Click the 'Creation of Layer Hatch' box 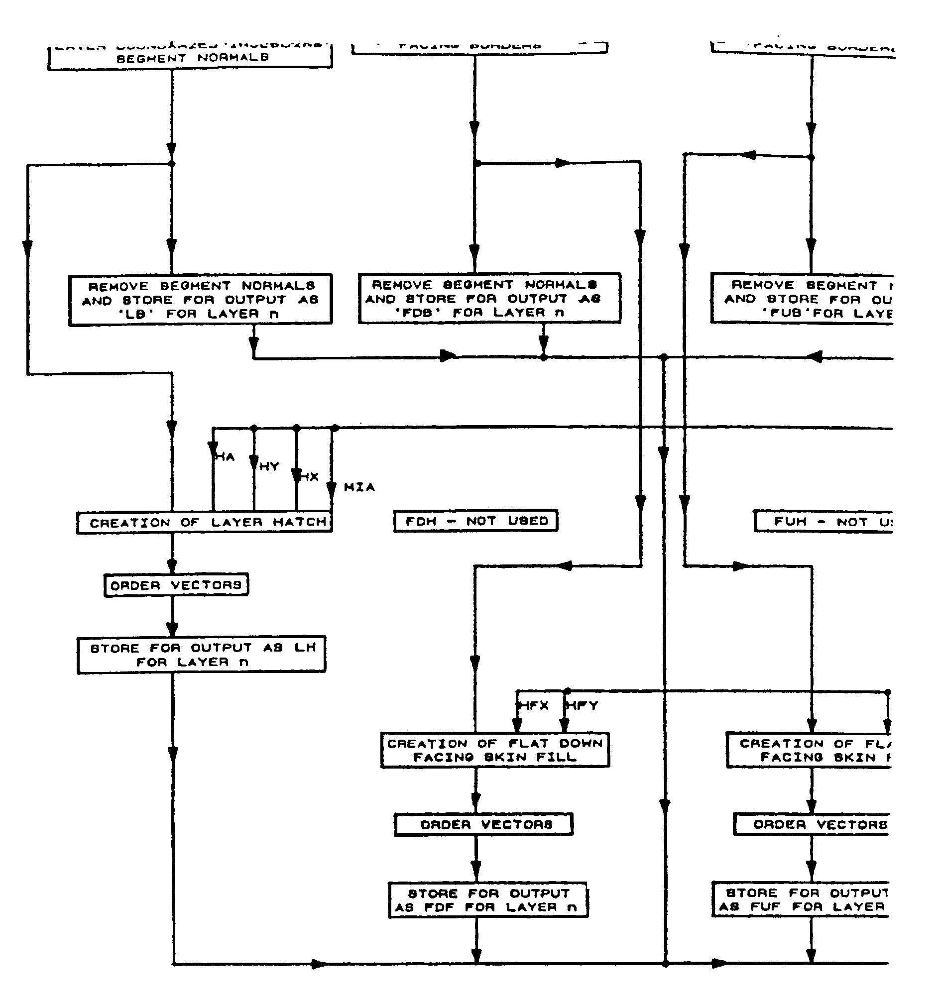click(204, 522)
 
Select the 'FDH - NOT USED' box click(475, 521)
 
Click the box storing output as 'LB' click(200, 300)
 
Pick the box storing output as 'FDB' click(489, 298)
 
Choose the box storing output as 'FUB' click(802, 299)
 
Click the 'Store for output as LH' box click(202, 655)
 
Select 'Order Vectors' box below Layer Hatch click(176, 585)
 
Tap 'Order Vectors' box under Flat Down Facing click(483, 825)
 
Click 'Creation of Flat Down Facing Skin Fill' click(495, 750)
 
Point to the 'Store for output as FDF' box click(488, 900)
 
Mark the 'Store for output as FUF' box click(801, 899)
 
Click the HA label click(225, 457)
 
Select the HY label click(269, 467)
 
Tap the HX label click(310, 477)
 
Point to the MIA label click(359, 487)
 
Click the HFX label click(534, 706)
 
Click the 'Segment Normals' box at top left click(190, 57)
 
